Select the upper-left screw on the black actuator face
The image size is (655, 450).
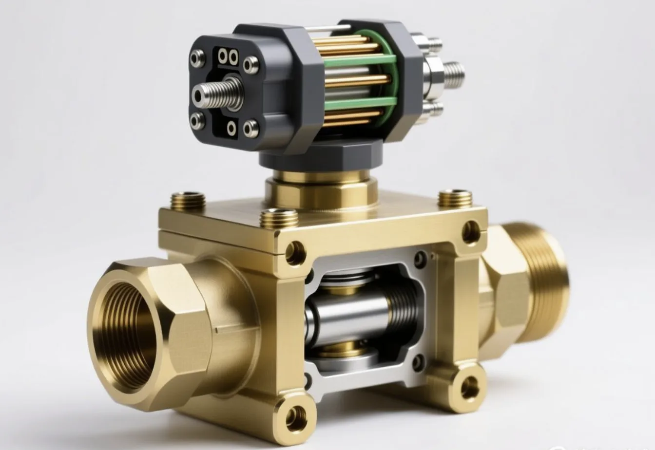coord(197,59)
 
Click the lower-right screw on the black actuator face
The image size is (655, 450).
coord(250,128)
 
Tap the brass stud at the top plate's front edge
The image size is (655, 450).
coord(279,218)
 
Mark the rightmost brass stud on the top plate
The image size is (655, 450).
coord(455,198)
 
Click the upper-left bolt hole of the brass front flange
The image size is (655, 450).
coord(295,251)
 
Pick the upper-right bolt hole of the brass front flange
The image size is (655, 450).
coord(471,231)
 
